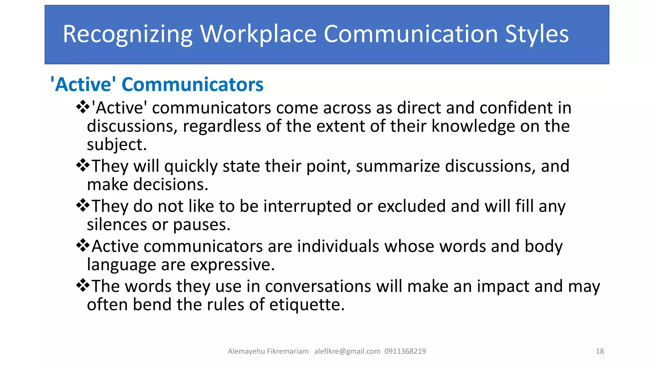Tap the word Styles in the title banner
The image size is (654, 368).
tap(536, 34)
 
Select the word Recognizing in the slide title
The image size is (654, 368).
tap(128, 34)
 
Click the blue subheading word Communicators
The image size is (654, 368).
tap(193, 85)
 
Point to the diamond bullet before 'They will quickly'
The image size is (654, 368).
tap(83, 165)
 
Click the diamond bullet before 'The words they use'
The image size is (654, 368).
tap(83, 285)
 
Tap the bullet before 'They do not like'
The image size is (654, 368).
tap(83, 205)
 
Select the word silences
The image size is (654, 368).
tap(117, 225)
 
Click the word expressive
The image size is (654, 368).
tap(231, 265)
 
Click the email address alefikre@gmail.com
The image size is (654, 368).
tap(347, 351)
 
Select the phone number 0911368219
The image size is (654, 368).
tap(405, 351)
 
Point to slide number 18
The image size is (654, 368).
tap(600, 351)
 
